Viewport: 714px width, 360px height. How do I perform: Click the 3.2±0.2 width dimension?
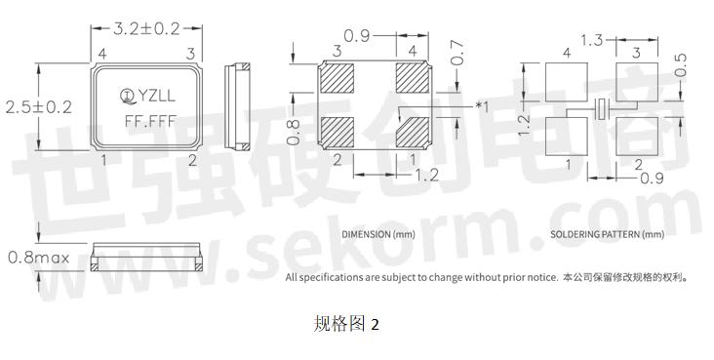[146, 28]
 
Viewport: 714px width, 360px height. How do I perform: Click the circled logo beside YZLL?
[127, 95]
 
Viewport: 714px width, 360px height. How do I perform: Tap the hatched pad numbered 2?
[338, 131]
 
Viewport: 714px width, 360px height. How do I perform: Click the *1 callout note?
[481, 105]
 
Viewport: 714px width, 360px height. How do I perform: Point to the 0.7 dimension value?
[457, 53]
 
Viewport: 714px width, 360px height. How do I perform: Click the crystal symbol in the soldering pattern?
[603, 108]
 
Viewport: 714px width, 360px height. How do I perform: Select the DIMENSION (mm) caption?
[377, 235]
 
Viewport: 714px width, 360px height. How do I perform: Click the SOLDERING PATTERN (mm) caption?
[607, 235]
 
